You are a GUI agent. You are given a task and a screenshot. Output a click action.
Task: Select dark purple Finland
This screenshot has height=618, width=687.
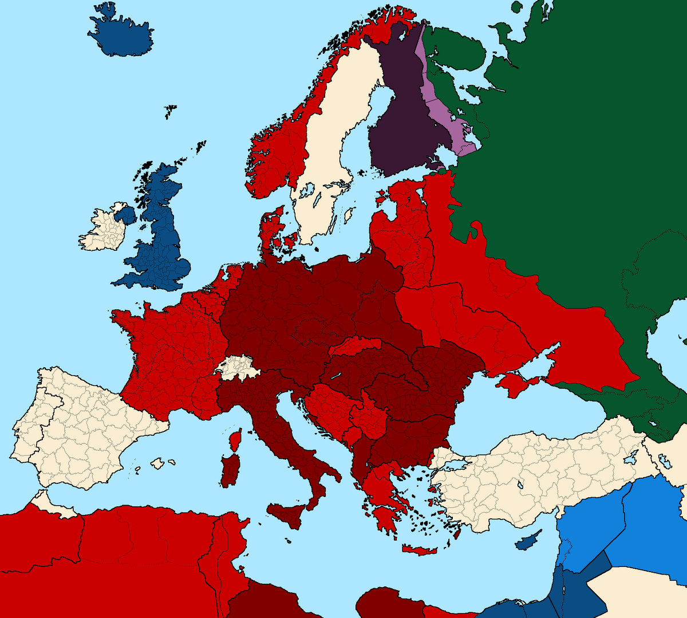pyautogui.click(x=401, y=115)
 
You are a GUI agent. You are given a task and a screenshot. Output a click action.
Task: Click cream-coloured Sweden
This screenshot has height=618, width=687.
pyautogui.click(x=332, y=143)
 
